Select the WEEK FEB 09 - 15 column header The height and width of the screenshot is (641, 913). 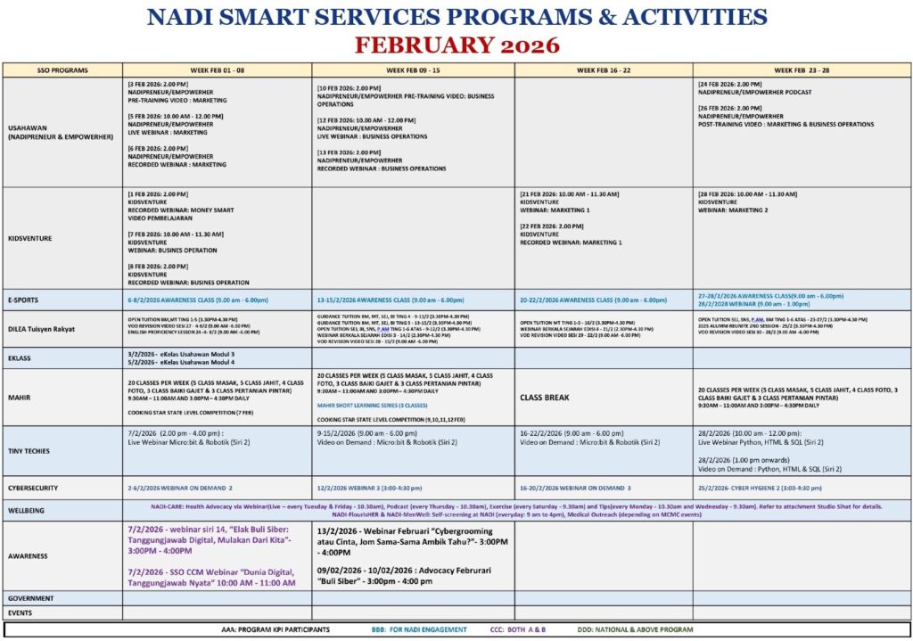click(413, 70)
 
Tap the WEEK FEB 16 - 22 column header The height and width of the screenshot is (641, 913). click(604, 70)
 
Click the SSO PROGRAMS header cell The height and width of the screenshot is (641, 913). click(62, 70)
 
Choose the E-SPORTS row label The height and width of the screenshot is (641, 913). click(24, 300)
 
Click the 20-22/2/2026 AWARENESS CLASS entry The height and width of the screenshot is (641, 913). click(592, 300)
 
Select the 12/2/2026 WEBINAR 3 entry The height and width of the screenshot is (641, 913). click(370, 489)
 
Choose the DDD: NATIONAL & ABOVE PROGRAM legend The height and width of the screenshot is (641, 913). click(634, 629)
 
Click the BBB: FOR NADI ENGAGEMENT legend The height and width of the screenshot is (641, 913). click(419, 629)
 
